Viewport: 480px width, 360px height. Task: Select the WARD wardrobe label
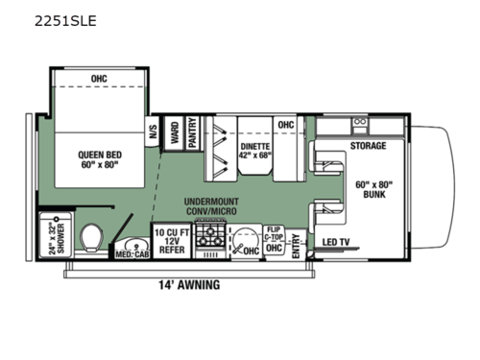point(175,133)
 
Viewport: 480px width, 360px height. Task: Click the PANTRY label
point(193,133)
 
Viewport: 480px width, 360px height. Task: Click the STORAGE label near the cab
point(368,146)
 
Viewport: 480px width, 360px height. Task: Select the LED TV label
point(337,241)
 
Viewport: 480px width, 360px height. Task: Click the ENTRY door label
point(296,246)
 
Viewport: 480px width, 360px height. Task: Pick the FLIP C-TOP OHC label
point(274,241)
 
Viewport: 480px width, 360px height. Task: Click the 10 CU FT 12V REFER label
point(171,241)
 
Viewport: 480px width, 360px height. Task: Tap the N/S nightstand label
point(153,133)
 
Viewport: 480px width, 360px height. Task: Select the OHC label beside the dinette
point(286,125)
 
